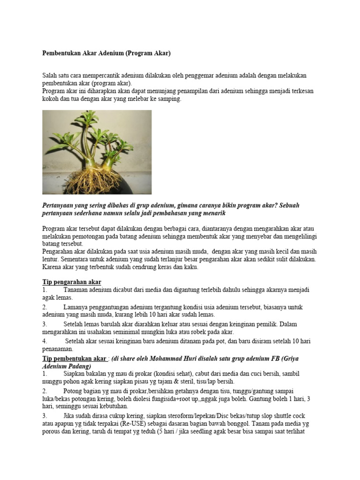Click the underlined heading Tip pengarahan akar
72,282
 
